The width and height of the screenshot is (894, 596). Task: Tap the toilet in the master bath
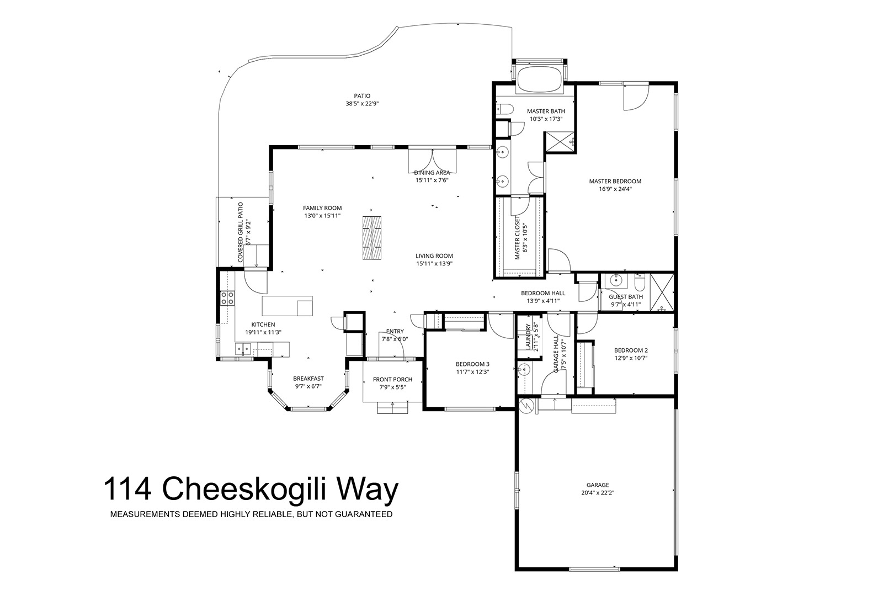(x=504, y=109)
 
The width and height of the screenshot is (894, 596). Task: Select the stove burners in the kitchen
(x=227, y=299)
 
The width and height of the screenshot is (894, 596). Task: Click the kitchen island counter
(x=287, y=306)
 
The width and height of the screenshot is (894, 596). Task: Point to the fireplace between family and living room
(x=371, y=238)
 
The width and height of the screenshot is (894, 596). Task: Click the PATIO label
(x=362, y=96)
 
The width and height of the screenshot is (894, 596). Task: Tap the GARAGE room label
(x=598, y=485)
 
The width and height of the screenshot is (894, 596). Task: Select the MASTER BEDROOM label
(x=615, y=181)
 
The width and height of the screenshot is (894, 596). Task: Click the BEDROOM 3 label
(x=472, y=364)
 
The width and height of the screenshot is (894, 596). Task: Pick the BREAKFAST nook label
(x=308, y=379)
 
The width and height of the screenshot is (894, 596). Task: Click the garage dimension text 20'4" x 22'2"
(x=598, y=493)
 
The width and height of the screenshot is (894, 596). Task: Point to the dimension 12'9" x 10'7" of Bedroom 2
(x=631, y=358)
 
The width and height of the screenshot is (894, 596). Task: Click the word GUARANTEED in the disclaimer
(x=364, y=514)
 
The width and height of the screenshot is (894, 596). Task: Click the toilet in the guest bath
(x=640, y=281)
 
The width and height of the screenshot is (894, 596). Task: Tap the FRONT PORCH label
(x=392, y=380)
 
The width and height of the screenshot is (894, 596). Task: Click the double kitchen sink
(x=243, y=349)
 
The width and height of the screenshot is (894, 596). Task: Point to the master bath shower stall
(x=560, y=142)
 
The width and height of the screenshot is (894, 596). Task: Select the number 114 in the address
(x=127, y=489)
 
